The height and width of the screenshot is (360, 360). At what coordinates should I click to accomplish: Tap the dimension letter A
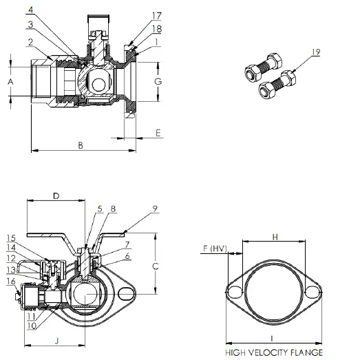(x=10, y=81)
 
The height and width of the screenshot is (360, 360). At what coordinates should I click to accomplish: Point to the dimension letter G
(x=158, y=81)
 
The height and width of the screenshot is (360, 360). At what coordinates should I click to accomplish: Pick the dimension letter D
(x=56, y=196)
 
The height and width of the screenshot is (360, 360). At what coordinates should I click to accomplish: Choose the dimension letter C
(x=156, y=265)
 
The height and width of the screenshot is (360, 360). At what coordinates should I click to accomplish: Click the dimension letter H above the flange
(x=273, y=237)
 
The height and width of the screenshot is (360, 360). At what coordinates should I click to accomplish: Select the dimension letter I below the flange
(x=274, y=339)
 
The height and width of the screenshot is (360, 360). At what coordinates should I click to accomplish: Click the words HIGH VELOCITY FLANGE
(x=274, y=352)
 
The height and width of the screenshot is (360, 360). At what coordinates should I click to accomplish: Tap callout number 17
(x=157, y=14)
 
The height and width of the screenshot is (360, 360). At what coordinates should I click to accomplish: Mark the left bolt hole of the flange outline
(x=235, y=292)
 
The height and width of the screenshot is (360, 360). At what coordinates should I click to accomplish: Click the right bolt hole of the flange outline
(x=313, y=292)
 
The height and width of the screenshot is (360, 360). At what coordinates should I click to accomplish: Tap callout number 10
(x=32, y=326)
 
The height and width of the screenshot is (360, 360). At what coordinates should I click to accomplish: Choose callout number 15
(x=12, y=237)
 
